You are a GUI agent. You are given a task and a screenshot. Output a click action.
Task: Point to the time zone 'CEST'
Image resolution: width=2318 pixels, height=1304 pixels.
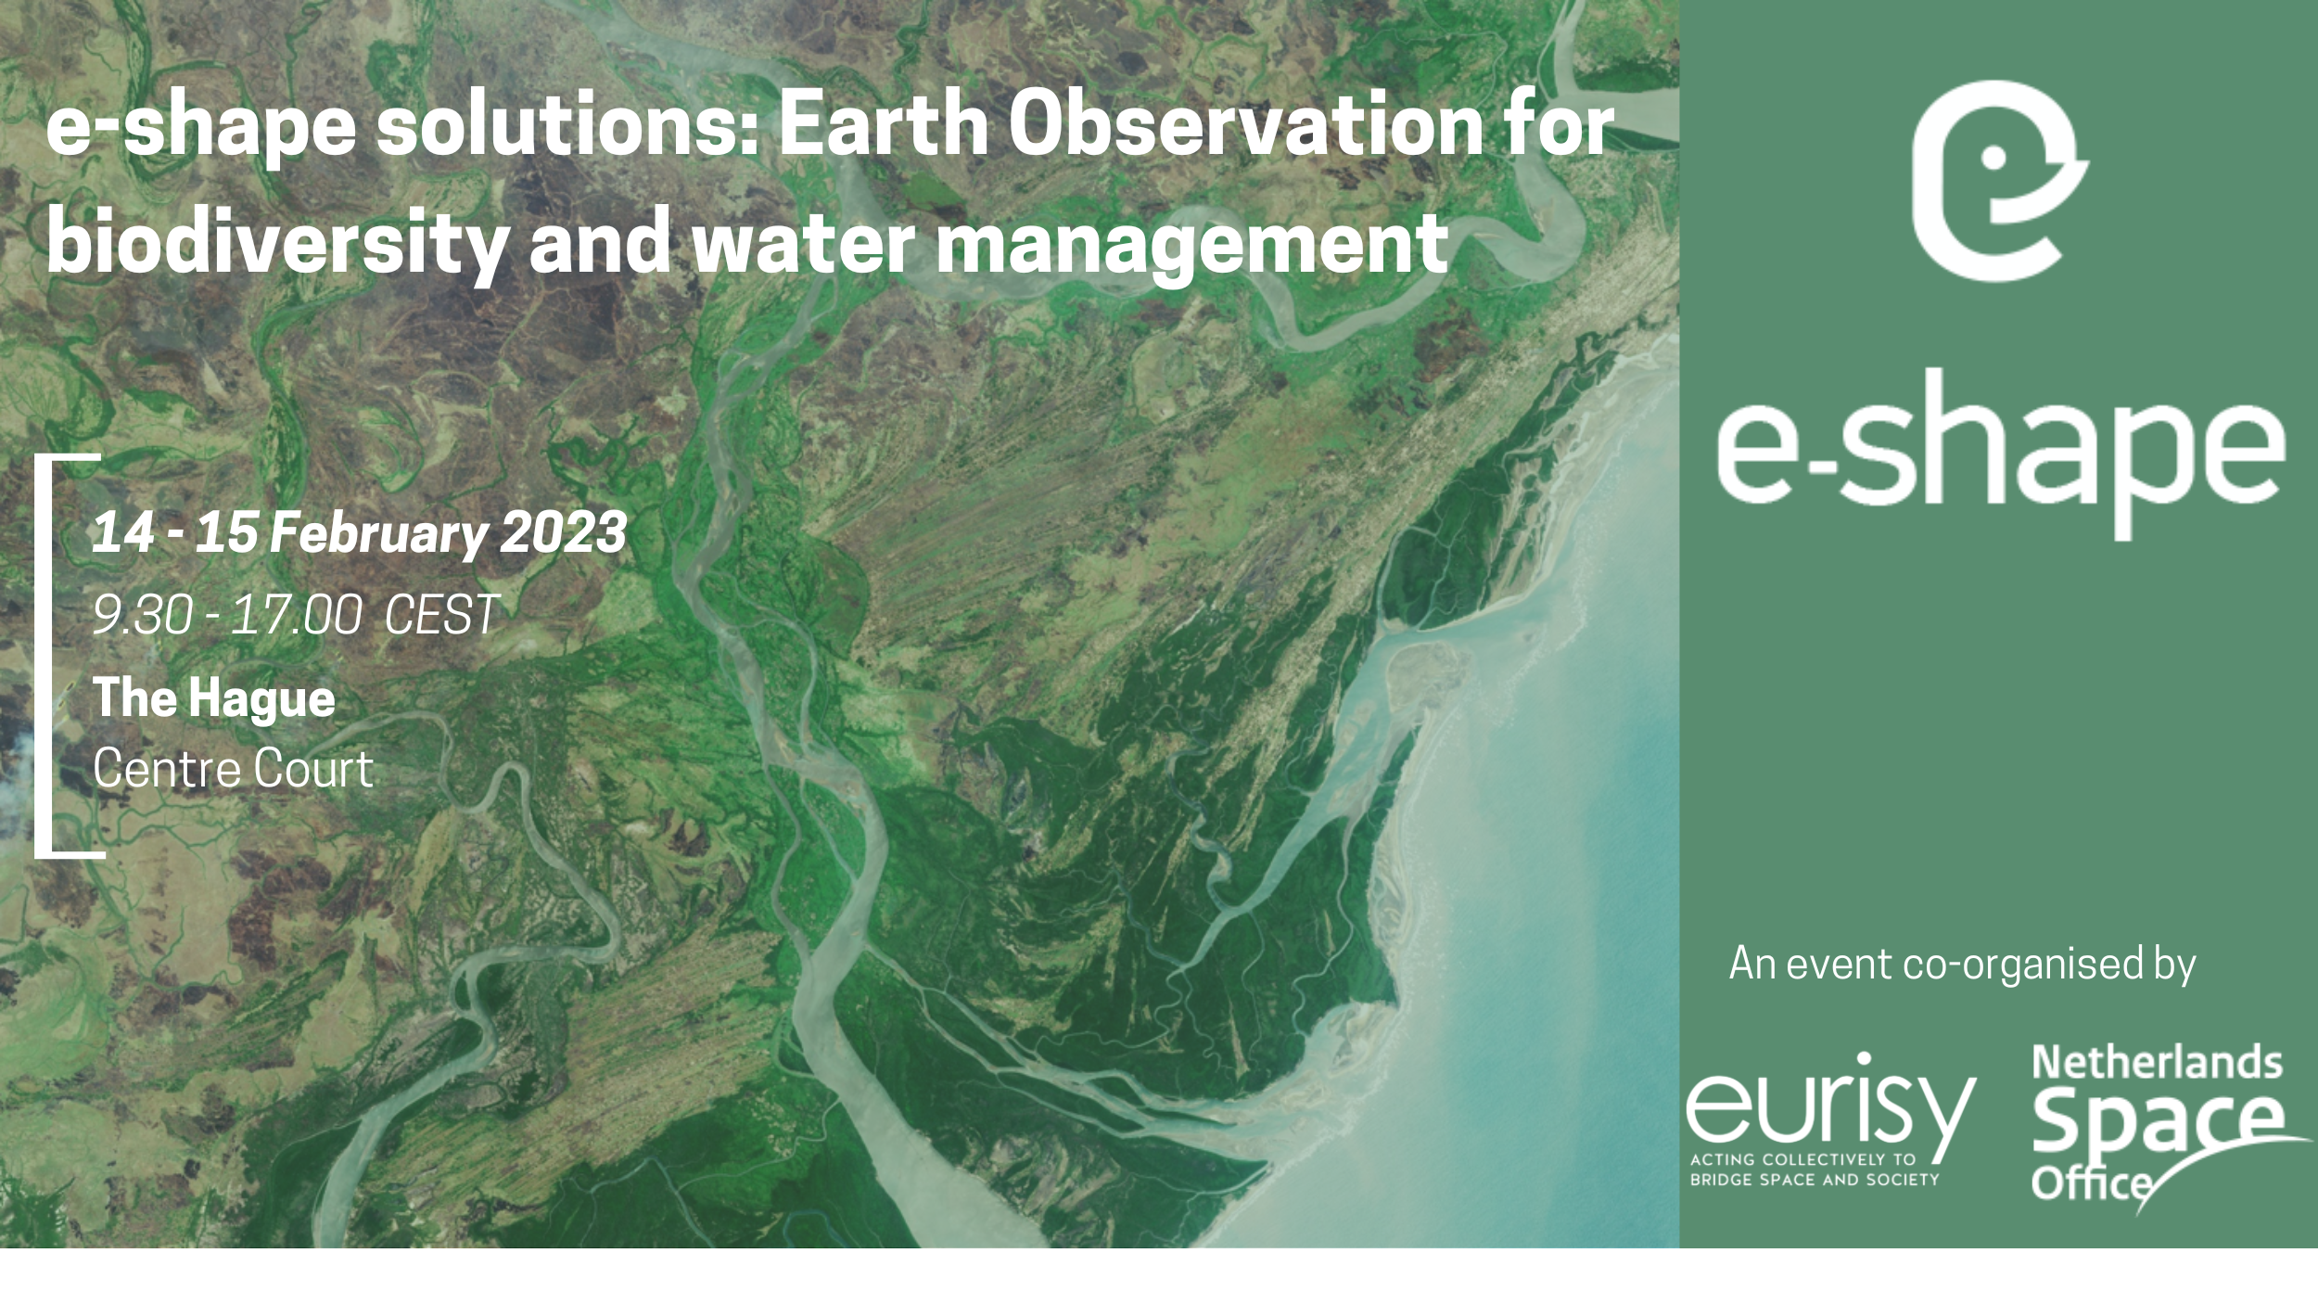point(441,615)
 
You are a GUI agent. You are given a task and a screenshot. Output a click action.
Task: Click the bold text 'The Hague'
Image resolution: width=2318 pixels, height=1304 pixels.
point(214,698)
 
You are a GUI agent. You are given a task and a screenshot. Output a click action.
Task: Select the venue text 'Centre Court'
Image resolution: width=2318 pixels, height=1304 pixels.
point(233,769)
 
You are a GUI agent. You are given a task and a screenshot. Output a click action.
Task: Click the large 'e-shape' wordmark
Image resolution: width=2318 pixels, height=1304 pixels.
point(1999,454)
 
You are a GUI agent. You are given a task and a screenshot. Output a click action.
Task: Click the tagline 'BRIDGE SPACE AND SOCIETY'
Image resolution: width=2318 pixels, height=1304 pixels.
point(1815,1180)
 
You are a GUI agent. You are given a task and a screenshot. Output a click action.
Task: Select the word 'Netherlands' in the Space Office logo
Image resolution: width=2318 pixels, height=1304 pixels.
point(2157,1064)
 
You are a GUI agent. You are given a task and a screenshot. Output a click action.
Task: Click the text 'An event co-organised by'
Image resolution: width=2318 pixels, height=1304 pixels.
point(1962,965)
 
